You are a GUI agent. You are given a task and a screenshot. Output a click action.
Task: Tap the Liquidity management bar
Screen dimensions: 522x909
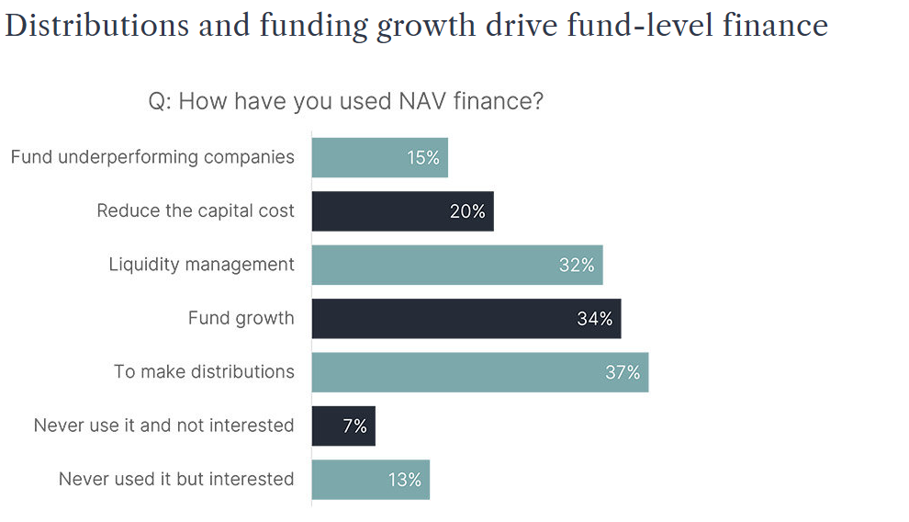point(432,265)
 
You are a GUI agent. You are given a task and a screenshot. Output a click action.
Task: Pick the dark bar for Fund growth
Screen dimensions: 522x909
point(441,318)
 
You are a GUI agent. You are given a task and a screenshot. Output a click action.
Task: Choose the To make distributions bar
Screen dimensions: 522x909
point(459,372)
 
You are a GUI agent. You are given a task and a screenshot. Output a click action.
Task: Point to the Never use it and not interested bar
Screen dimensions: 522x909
point(331,426)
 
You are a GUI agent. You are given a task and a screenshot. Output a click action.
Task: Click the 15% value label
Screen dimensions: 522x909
point(423,158)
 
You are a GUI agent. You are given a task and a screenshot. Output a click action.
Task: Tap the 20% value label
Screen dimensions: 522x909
point(467,211)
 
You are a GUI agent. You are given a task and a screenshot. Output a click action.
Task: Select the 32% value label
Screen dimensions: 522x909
point(577,266)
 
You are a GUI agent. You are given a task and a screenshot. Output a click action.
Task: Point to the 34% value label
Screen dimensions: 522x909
point(595,319)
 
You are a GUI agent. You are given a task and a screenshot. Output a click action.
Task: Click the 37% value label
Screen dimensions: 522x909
point(623,372)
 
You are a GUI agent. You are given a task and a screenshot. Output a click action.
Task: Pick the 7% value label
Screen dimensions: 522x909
point(354,426)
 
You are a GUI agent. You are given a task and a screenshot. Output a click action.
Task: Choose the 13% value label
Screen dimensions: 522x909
point(404,480)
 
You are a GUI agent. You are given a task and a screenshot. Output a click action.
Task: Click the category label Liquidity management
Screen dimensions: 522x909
point(201,265)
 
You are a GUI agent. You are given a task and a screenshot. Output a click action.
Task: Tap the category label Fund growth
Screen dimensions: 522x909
point(241,318)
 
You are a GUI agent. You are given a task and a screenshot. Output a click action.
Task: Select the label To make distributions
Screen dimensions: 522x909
point(204,371)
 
